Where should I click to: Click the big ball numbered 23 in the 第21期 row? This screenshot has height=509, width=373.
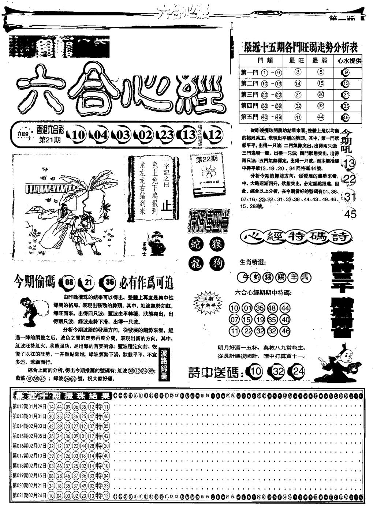[166, 135]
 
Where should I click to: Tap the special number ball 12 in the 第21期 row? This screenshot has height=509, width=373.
[215, 135]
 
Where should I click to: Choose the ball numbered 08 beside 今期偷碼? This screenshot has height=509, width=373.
[69, 282]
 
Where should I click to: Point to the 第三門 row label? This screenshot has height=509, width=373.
[250, 95]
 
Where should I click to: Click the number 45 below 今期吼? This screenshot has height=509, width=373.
[350, 214]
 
